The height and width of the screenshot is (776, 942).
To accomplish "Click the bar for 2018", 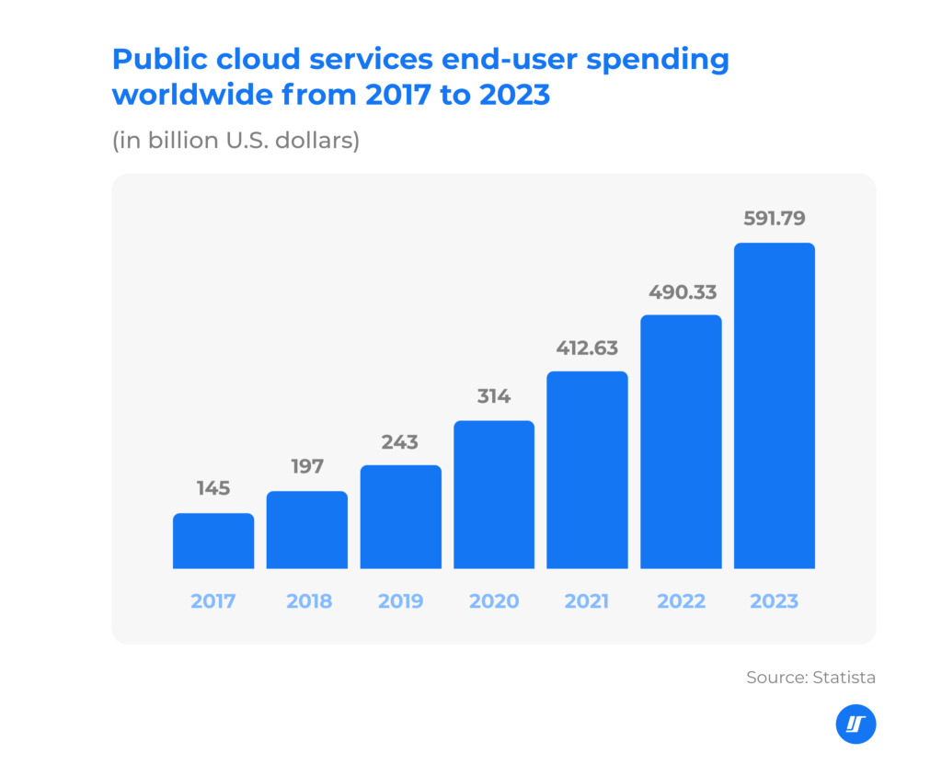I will [x=307, y=530].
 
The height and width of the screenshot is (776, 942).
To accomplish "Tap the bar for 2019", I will [x=400, y=517].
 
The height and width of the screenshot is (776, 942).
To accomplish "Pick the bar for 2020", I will [x=494, y=495].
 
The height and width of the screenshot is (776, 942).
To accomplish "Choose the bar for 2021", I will [x=587, y=470].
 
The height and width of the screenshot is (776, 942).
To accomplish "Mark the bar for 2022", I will [x=681, y=441].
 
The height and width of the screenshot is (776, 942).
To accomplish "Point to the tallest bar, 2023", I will [x=775, y=405].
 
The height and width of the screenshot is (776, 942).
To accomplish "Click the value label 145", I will [x=213, y=488].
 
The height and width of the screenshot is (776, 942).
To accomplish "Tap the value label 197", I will [x=307, y=466].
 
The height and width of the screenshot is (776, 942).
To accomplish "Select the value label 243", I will [x=400, y=441].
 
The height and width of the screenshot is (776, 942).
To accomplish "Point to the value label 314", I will [x=494, y=396].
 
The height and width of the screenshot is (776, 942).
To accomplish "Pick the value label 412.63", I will [x=587, y=348].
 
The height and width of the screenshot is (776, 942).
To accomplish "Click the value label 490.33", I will [x=681, y=292].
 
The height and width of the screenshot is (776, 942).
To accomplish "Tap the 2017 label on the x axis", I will [x=213, y=602].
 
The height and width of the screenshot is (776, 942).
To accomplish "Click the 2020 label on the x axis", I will [x=494, y=602].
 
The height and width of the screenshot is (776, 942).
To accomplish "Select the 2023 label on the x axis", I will [x=775, y=602].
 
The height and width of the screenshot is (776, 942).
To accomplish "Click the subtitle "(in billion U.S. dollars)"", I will [x=235, y=142].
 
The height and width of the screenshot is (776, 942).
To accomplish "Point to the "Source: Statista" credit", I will [x=810, y=678].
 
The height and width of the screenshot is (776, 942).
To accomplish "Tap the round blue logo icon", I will [x=856, y=725].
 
